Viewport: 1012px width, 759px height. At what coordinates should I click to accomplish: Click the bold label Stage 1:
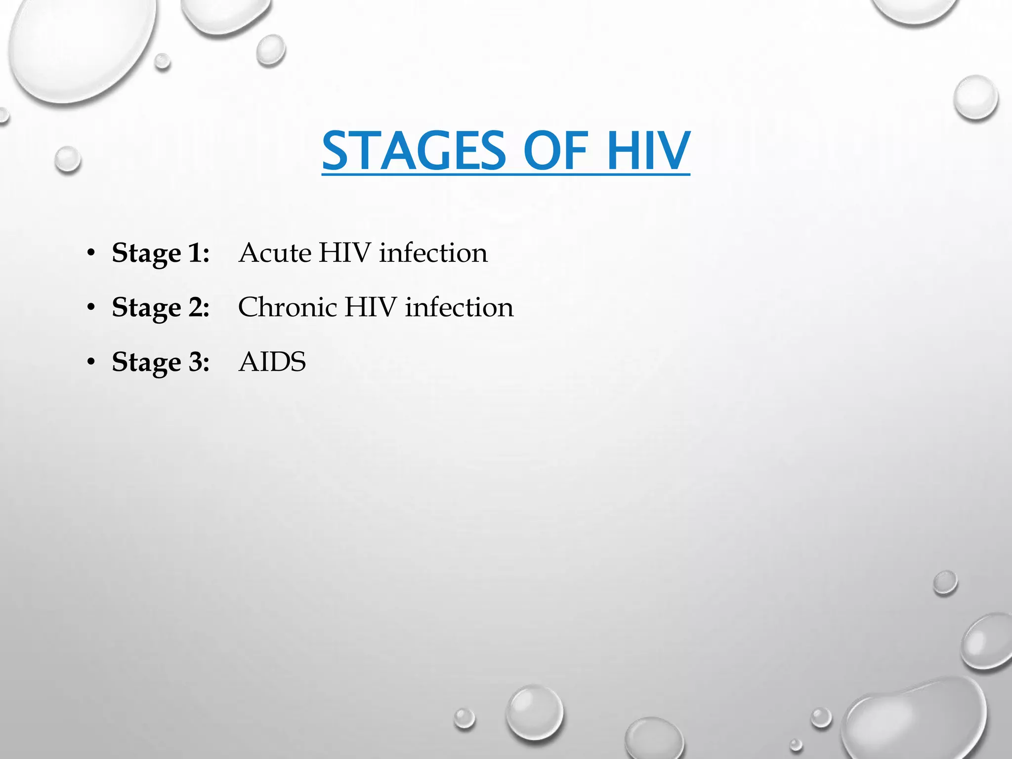tap(161, 253)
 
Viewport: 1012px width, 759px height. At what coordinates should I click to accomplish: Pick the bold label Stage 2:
tap(161, 307)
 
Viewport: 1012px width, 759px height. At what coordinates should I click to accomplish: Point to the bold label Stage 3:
tap(161, 362)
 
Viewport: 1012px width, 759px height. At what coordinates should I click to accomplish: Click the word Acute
tap(275, 253)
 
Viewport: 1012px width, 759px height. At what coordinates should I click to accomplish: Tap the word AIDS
tap(272, 362)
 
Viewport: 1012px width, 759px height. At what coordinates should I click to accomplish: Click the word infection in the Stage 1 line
tap(433, 253)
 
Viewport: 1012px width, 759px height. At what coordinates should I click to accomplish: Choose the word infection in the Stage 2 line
tap(459, 307)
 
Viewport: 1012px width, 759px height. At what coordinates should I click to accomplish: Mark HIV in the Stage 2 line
tap(371, 307)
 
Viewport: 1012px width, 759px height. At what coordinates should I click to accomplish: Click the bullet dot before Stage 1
tap(90, 253)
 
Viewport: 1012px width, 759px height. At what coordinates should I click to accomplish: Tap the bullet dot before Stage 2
tap(90, 308)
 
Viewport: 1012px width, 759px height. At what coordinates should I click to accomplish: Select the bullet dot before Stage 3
tap(90, 362)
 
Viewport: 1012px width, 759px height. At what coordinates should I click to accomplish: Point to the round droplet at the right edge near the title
tap(976, 97)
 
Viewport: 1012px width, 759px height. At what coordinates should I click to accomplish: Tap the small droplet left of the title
tap(68, 160)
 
